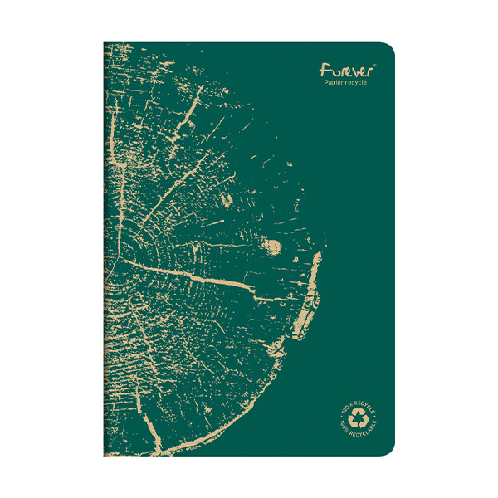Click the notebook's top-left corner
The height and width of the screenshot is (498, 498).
(105, 43)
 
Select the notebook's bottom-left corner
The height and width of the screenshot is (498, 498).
(105, 455)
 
